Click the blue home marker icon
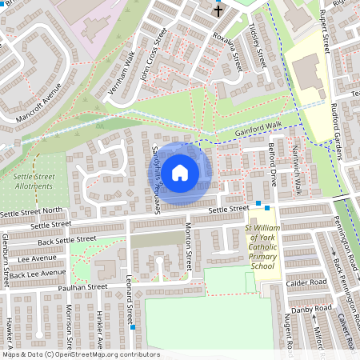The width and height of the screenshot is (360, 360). (x=180, y=172)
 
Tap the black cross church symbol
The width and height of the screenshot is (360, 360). (x=218, y=11)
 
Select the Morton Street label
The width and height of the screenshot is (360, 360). (x=190, y=251)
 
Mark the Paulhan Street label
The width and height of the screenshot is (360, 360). (x=77, y=286)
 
